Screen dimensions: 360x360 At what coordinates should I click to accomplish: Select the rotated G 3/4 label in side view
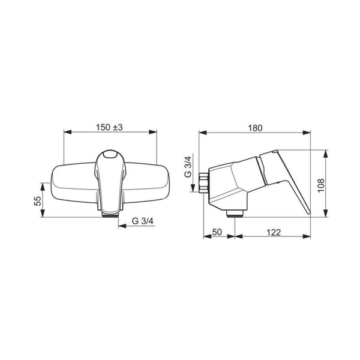187,165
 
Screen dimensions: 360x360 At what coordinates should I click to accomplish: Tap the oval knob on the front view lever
110,157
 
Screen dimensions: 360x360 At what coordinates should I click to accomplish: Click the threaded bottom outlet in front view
110,213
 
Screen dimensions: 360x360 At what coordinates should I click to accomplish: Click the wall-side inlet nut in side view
204,182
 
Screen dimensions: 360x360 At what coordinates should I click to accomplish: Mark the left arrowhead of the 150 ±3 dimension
66,133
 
